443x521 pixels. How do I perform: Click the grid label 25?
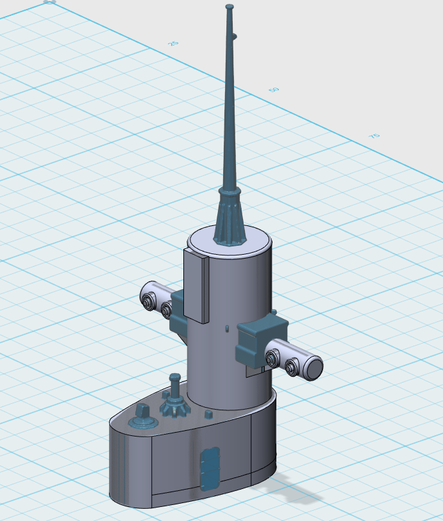pyautogui.click(x=173, y=44)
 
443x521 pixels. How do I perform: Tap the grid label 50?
pyautogui.click(x=274, y=90)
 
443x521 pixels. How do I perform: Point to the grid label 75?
pyautogui.click(x=374, y=136)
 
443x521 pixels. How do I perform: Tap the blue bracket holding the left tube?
pyautogui.click(x=178, y=310)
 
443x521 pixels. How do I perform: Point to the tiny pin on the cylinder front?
pyautogui.click(x=226, y=329)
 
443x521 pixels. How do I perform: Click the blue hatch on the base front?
pyautogui.click(x=210, y=469)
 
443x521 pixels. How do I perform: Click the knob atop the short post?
pyautogui.click(x=174, y=379)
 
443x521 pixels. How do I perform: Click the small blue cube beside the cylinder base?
pyautogui.click(x=208, y=414)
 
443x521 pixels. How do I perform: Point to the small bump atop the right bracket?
pyautogui.click(x=274, y=313)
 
